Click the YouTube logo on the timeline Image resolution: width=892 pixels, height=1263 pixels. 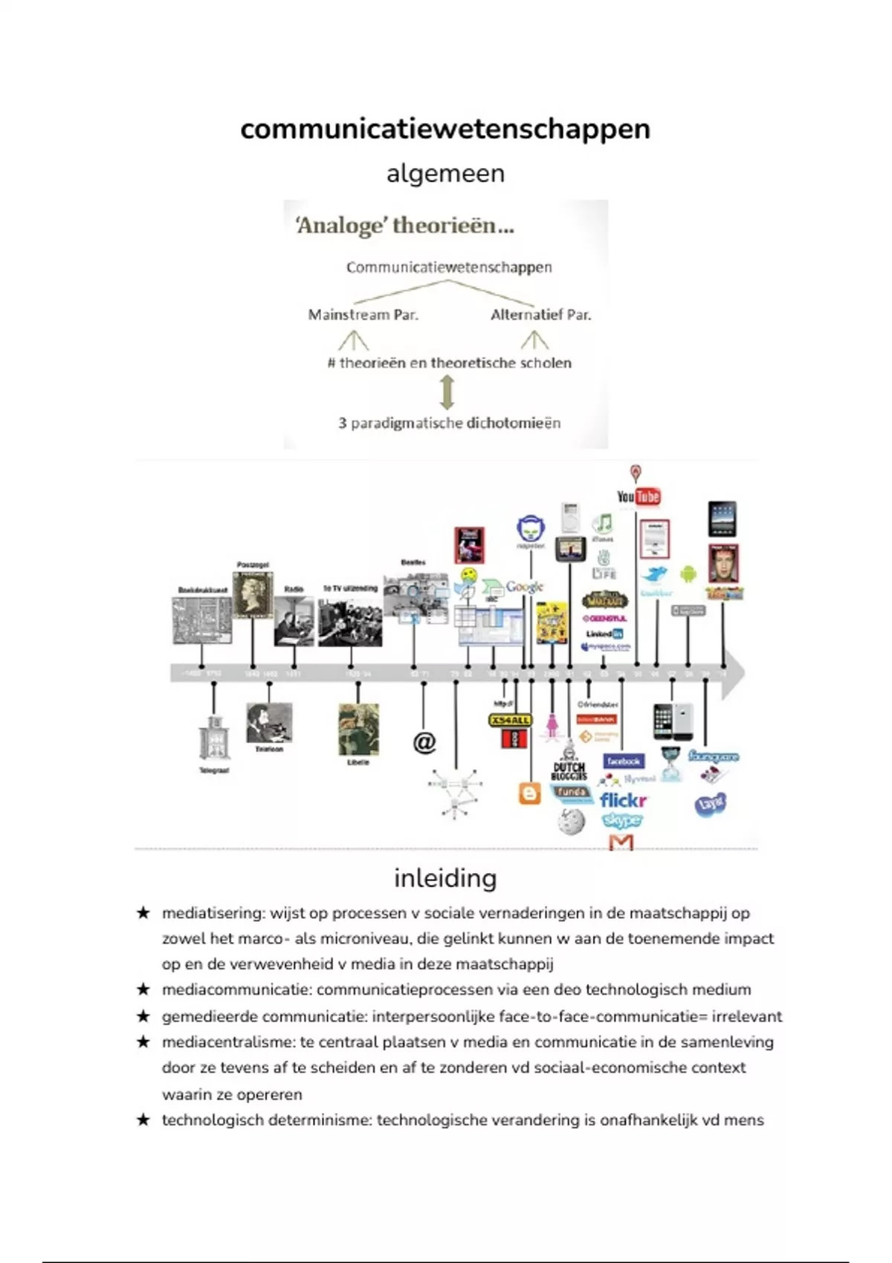[x=639, y=496]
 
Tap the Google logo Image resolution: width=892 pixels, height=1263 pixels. [x=525, y=586]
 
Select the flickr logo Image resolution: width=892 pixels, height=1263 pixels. [x=623, y=800]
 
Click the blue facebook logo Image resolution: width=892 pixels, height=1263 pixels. [x=623, y=761]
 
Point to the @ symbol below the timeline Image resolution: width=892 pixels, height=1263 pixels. [x=424, y=741]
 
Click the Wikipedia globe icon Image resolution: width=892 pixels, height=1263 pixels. [x=571, y=822]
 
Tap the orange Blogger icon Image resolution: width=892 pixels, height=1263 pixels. [x=529, y=793]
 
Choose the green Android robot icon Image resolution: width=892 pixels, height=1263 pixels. [x=688, y=574]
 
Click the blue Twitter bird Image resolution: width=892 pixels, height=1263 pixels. [x=656, y=574]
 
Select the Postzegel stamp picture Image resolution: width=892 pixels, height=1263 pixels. [x=253, y=594]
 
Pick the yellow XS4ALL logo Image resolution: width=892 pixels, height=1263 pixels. [x=510, y=720]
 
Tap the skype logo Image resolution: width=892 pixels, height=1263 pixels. [x=622, y=819]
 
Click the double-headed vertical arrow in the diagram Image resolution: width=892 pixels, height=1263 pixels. [x=447, y=392]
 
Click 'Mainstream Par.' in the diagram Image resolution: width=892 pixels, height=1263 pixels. [x=363, y=315]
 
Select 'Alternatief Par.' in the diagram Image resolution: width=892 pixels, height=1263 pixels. [x=540, y=315]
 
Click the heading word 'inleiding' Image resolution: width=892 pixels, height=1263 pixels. [x=445, y=878]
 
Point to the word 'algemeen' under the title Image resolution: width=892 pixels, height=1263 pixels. [x=445, y=173]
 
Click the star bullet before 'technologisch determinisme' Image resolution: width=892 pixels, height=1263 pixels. [x=143, y=1120]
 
